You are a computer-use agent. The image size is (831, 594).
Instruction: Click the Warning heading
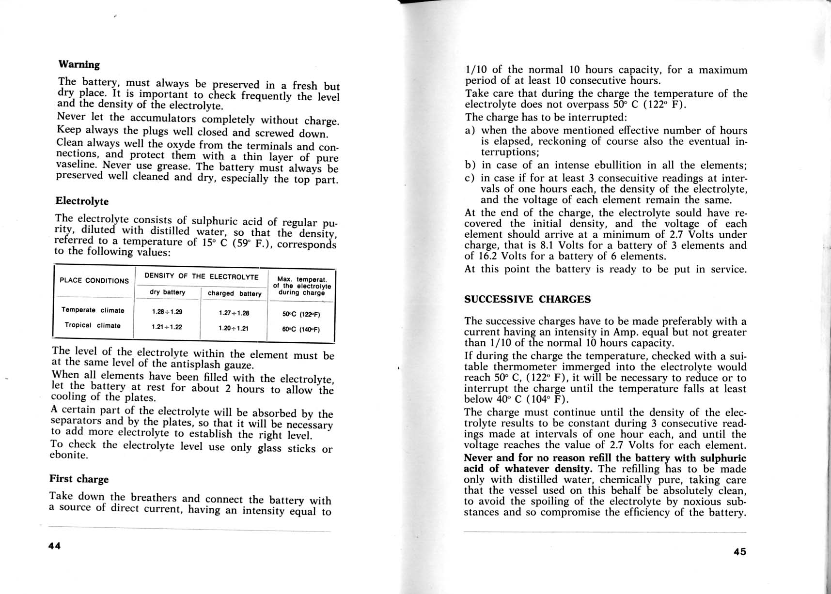79,64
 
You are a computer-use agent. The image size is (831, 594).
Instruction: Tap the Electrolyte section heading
82,201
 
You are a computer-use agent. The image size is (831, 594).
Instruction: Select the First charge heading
79,479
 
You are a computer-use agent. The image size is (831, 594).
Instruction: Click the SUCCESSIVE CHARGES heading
527,299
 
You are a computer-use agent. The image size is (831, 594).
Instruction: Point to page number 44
54,546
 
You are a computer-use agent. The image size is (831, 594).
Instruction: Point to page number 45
739,551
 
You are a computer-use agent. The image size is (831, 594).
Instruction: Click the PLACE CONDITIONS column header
94,280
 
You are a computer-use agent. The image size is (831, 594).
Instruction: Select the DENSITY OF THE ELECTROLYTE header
201,276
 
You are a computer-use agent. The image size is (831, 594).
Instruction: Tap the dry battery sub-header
167,292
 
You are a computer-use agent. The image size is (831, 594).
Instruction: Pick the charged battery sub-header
235,293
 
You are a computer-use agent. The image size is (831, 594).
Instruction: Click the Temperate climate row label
93,310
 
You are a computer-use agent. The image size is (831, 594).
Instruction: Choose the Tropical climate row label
93,325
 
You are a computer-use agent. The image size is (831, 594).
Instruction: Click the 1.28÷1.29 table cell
167,312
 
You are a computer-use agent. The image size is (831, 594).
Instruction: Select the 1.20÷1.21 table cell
234,328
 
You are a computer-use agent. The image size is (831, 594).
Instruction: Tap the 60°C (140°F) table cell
301,330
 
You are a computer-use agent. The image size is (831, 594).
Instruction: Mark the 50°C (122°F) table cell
301,314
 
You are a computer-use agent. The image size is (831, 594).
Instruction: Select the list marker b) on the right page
470,165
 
